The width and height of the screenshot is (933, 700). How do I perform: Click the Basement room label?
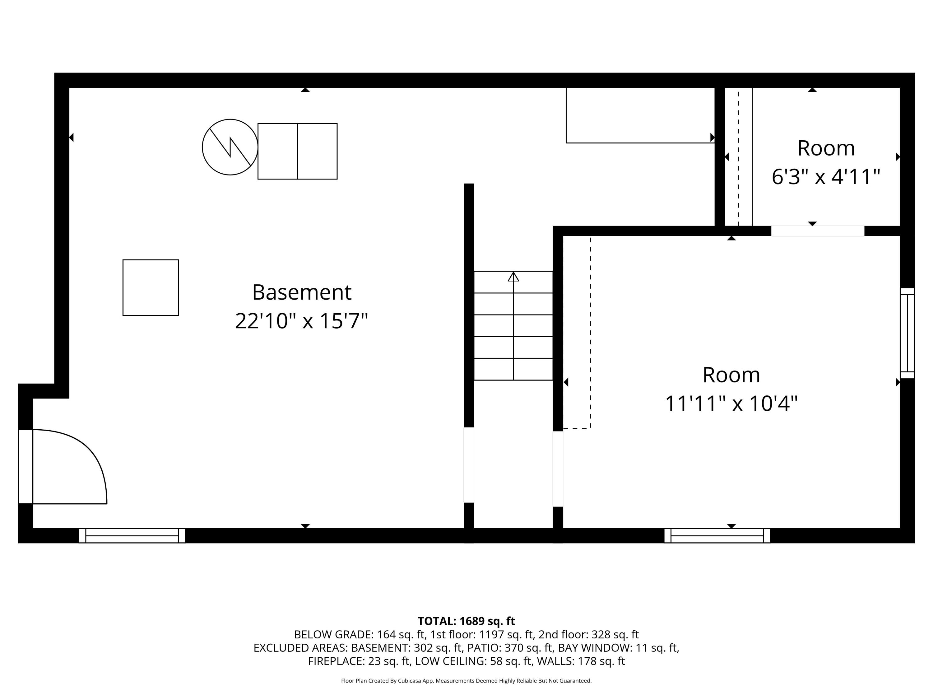tap(302, 292)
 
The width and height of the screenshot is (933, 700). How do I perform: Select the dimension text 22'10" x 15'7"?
tap(302, 321)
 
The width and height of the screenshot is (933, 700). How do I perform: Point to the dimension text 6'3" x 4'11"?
tap(826, 176)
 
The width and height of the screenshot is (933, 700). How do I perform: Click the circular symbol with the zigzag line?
tap(230, 147)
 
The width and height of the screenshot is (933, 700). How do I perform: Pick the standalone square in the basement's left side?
tap(151, 287)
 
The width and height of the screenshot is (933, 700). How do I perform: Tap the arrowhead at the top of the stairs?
tap(513, 277)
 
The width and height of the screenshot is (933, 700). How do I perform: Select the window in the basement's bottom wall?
tap(132, 535)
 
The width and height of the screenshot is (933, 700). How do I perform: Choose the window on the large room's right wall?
tap(907, 333)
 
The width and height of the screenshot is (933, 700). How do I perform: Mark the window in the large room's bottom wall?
tap(717, 535)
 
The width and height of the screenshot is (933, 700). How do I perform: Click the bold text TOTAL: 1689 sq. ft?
tap(466, 621)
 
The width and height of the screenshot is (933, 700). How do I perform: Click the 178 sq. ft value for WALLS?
tap(601, 661)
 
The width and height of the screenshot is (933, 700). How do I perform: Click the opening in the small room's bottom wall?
tap(817, 231)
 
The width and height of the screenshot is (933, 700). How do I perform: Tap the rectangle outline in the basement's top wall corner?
tap(639, 115)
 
